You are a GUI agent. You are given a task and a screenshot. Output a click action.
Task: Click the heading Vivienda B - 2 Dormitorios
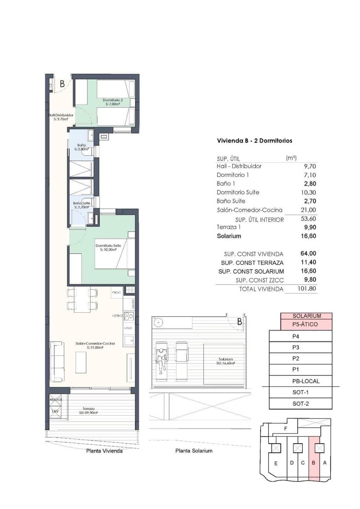(254, 140)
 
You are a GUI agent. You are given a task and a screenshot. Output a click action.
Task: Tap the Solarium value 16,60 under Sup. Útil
(309, 236)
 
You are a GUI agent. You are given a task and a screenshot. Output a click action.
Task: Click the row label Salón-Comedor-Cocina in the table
(249, 210)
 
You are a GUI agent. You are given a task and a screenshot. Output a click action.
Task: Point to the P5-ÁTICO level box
(306, 324)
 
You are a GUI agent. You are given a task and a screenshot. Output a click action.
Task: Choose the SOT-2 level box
(300, 404)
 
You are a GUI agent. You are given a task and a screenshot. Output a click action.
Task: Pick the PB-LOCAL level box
(300, 381)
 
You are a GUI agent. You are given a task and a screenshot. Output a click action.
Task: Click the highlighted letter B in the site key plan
(313, 463)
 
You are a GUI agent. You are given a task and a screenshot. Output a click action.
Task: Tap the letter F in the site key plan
(286, 429)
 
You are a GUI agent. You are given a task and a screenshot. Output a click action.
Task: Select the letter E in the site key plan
(276, 463)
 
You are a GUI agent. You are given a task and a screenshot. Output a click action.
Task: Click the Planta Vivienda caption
(104, 451)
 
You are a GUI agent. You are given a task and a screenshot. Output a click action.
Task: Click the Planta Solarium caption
(194, 450)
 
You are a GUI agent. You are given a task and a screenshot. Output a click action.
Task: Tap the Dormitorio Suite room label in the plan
(108, 247)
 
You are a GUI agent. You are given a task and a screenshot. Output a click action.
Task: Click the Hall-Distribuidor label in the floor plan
(61, 117)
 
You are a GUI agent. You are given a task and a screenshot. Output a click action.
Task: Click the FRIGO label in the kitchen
(117, 293)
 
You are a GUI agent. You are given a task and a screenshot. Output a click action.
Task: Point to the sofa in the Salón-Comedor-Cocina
(58, 361)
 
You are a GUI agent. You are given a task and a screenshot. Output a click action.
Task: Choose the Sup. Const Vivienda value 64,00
(309, 254)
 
